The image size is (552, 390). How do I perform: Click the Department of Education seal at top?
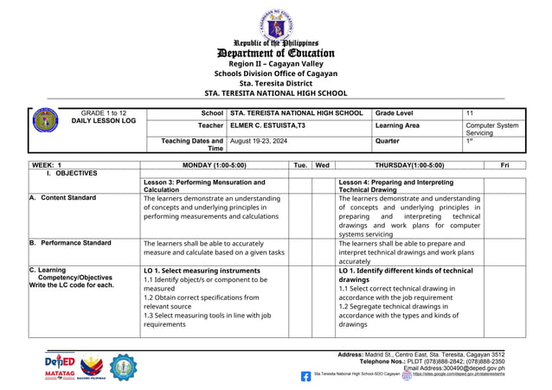click(x=276, y=23)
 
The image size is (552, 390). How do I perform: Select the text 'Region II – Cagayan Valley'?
click(x=275, y=64)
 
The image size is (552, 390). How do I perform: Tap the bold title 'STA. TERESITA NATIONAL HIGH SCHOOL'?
click(x=275, y=93)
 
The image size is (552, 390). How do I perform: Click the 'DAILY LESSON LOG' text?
click(x=104, y=122)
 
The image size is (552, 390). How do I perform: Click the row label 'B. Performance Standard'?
click(x=70, y=244)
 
